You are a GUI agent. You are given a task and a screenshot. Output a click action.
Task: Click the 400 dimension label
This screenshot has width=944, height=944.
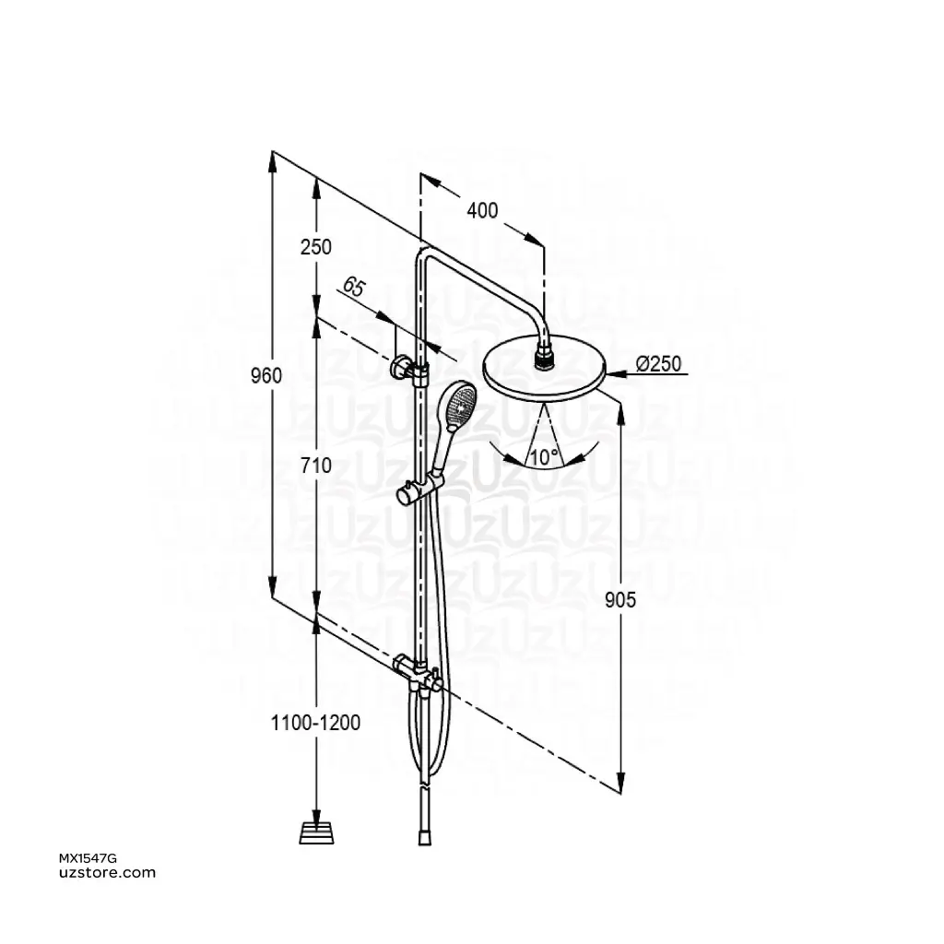pyautogui.click(x=482, y=211)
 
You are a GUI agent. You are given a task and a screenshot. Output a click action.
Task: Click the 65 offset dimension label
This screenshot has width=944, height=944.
pyautogui.click(x=353, y=287)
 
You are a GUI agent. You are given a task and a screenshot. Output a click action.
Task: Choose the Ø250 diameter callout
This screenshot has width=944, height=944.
pyautogui.click(x=657, y=365)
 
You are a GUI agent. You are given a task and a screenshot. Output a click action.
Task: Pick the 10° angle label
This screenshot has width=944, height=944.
pyautogui.click(x=544, y=455)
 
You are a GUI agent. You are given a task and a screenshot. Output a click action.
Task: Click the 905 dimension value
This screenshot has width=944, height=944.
pyautogui.click(x=620, y=600)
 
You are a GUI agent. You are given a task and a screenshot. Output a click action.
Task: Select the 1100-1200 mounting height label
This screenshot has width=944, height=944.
pyautogui.click(x=316, y=723)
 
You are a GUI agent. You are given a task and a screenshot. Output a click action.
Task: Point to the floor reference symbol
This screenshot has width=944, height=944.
pyautogui.click(x=316, y=832)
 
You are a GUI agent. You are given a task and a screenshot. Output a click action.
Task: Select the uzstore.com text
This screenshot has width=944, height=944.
pyautogui.click(x=107, y=873)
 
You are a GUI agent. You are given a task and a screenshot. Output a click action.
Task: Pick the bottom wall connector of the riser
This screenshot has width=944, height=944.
pyautogui.click(x=412, y=670)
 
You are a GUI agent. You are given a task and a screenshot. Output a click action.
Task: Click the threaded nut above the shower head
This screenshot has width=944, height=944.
pyautogui.click(x=545, y=356)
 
